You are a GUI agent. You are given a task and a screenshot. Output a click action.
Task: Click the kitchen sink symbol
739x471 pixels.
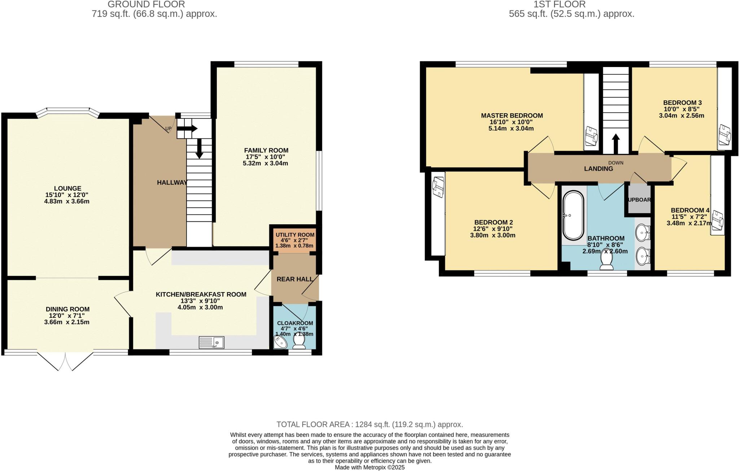point(211,342)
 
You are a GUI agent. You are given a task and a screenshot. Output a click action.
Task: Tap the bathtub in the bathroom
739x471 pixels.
point(573,216)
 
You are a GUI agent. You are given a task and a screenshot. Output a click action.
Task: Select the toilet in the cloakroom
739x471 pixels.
point(299,342)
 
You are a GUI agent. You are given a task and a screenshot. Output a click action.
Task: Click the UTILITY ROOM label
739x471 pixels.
point(295,235)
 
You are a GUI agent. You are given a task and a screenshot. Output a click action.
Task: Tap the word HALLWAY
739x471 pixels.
point(172,182)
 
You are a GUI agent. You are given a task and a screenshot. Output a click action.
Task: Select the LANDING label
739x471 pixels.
point(598,169)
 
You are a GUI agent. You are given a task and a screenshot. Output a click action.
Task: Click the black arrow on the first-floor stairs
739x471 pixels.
point(616,144)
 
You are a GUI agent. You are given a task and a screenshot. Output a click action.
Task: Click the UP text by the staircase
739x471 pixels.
point(169,129)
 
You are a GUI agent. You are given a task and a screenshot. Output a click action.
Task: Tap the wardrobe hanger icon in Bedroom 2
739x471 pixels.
point(438,187)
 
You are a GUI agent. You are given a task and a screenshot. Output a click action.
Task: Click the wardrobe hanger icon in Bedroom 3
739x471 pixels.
point(725,134)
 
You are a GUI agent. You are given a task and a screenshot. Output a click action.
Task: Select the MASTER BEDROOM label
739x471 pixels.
point(512,116)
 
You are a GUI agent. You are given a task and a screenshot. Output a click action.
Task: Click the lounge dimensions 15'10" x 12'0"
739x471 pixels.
point(67,195)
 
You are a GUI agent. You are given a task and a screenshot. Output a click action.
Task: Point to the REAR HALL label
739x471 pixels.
point(295,279)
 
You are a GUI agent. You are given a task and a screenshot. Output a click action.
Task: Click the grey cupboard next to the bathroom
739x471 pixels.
point(639,199)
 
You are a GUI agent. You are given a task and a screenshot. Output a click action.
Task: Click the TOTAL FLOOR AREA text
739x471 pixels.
point(369,424)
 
